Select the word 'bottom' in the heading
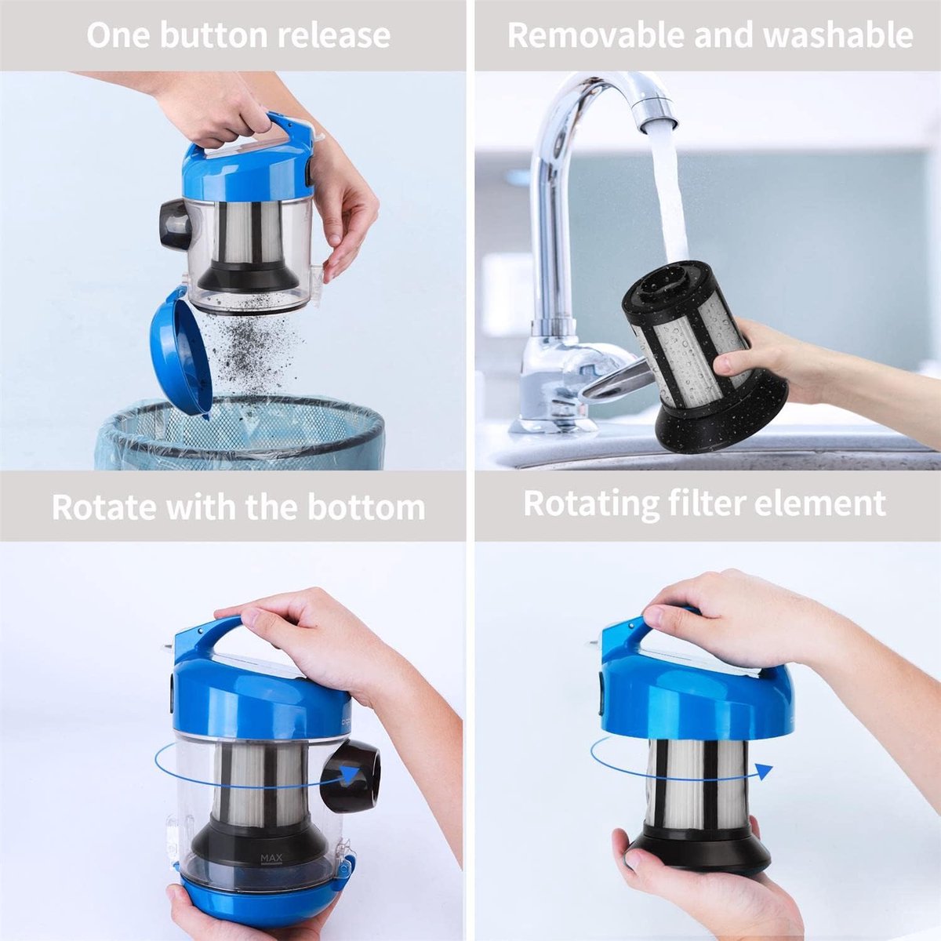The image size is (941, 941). [x=366, y=507]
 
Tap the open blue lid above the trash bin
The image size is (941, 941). [x=181, y=350]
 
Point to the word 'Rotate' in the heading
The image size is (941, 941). [x=104, y=507]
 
